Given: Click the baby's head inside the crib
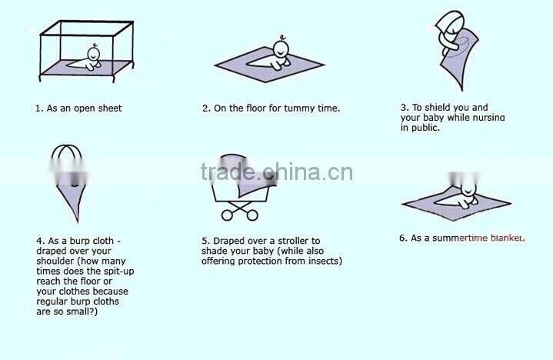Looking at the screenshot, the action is pyautogui.click(x=94, y=54).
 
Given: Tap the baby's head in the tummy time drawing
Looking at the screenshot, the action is pyautogui.click(x=281, y=48).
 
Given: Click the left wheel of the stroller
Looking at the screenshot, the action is pyautogui.click(x=227, y=215).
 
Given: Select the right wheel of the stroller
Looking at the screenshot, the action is pyautogui.click(x=252, y=215).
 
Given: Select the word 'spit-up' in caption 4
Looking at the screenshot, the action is pyautogui.click(x=118, y=272).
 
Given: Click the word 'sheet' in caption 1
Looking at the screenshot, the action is pyautogui.click(x=110, y=108).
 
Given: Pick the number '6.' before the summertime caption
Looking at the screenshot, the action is pyautogui.click(x=404, y=238).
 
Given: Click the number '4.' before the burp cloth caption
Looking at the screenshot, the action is pyautogui.click(x=41, y=241).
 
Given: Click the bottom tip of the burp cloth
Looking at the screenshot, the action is pyautogui.click(x=78, y=222).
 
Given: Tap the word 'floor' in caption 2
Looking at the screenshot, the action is pyautogui.click(x=256, y=108).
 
